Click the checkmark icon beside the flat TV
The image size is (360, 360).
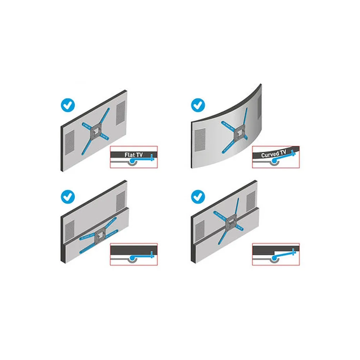tap(68, 105)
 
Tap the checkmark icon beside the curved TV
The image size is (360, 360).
tap(198, 105)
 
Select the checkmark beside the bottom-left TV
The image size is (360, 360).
tap(68, 197)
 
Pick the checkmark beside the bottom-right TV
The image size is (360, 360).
tap(198, 197)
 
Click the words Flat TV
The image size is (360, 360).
tap(134, 155)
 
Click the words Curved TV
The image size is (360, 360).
tap(274, 154)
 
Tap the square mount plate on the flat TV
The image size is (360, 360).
tap(96, 131)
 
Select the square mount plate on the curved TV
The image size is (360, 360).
tap(240, 134)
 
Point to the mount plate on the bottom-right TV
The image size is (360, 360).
tap(230, 222)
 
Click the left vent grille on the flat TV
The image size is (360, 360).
tap(70, 142)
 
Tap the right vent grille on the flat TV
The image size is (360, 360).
tap(121, 113)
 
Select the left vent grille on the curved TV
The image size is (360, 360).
tap(200, 140)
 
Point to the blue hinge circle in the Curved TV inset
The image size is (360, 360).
tap(274, 162)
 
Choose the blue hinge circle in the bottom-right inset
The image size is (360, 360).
tap(274, 259)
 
